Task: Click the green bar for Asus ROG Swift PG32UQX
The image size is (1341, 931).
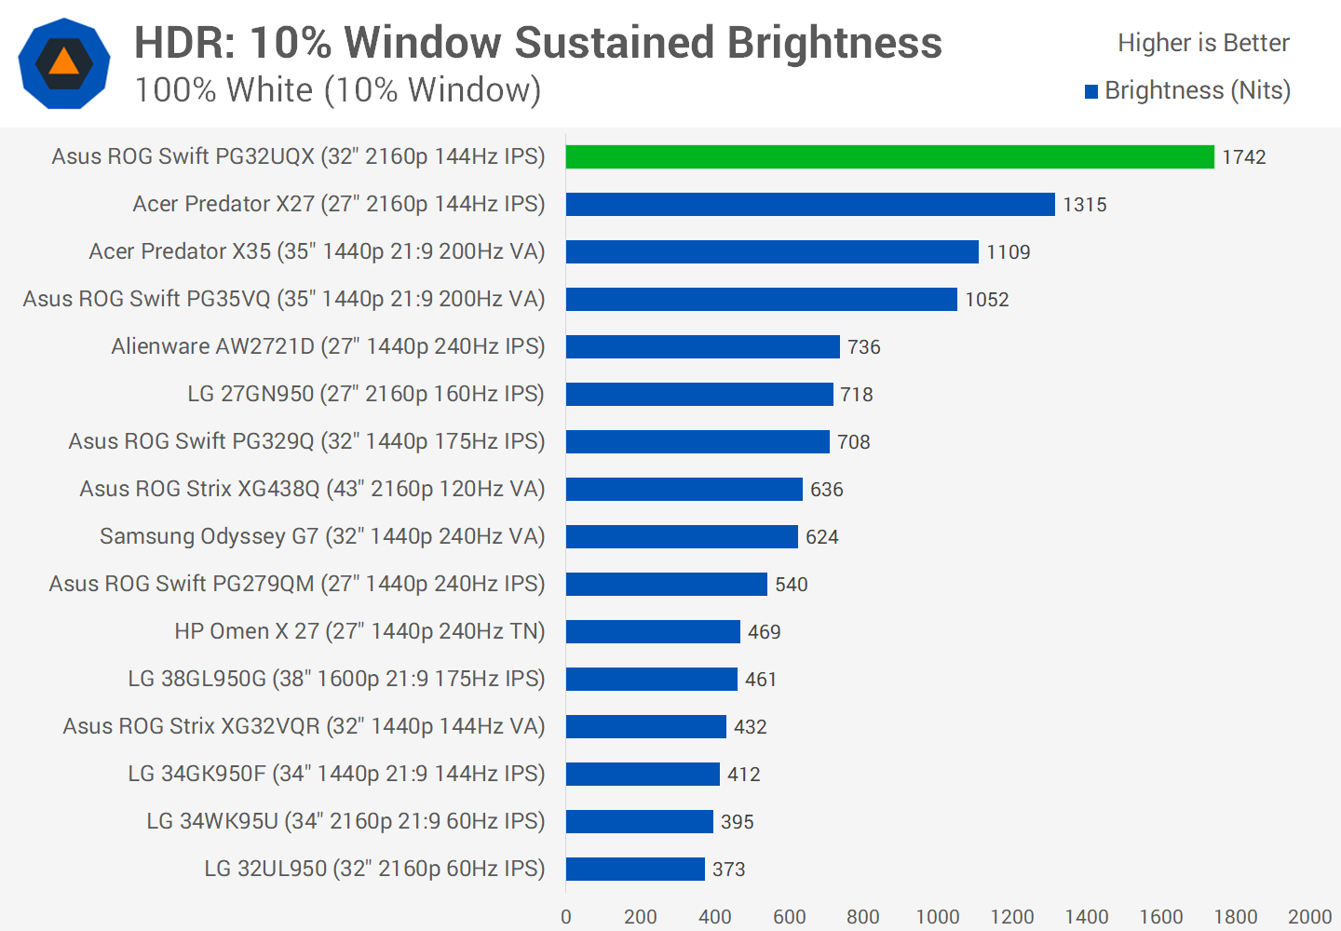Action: (889, 157)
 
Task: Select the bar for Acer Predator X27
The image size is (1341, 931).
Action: (810, 205)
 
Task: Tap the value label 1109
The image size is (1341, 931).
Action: (1009, 252)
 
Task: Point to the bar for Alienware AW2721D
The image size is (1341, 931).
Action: (702, 347)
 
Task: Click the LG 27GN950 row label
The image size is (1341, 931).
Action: (366, 394)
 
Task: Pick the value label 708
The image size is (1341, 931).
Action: (854, 442)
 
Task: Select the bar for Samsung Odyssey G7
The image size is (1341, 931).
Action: (682, 537)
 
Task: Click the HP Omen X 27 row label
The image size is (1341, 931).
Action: (359, 631)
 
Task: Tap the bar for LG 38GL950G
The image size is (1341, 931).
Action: (651, 680)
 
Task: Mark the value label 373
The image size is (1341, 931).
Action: (729, 870)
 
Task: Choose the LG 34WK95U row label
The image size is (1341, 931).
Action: (345, 821)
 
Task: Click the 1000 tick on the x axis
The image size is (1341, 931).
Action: (938, 917)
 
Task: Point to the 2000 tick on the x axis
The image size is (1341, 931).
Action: (1309, 917)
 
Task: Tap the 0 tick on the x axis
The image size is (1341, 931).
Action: (566, 917)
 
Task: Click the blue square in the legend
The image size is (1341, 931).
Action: (1091, 91)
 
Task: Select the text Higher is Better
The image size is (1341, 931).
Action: (1203, 43)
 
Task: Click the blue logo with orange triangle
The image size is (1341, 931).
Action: (64, 63)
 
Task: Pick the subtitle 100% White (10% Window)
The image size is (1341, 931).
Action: (338, 90)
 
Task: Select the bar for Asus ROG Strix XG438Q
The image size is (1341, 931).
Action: (684, 490)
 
